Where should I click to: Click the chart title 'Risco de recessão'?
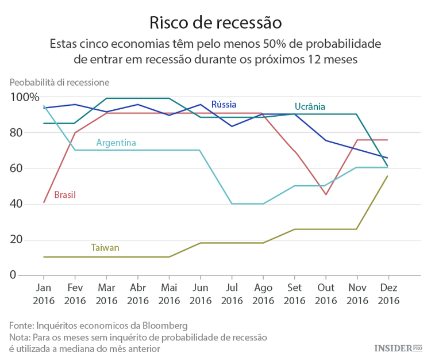(x=215, y=22)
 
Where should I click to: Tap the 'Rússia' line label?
(x=224, y=104)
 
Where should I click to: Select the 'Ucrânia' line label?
(x=310, y=106)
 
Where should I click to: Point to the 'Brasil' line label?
(x=65, y=195)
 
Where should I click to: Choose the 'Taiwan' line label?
(x=105, y=248)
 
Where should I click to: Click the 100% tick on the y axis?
(x=24, y=97)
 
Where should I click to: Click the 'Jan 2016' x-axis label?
(x=44, y=293)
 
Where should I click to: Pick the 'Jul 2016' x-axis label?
(x=232, y=293)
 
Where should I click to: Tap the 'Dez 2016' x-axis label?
(x=388, y=293)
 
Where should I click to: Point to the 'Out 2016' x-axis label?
(x=325, y=293)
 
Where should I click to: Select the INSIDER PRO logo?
(x=398, y=348)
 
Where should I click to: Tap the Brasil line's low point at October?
(x=325, y=194)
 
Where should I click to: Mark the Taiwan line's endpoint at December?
(x=387, y=176)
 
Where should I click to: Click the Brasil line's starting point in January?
(x=44, y=202)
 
